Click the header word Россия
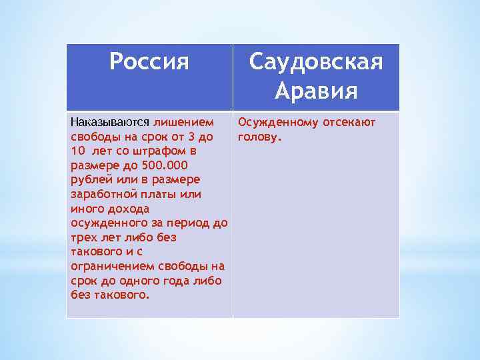click(149, 62)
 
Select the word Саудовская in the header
click(316, 62)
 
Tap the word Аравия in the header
click(316, 91)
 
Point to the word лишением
click(184, 123)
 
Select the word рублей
click(89, 180)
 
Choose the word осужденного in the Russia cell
click(105, 223)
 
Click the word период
click(189, 223)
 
